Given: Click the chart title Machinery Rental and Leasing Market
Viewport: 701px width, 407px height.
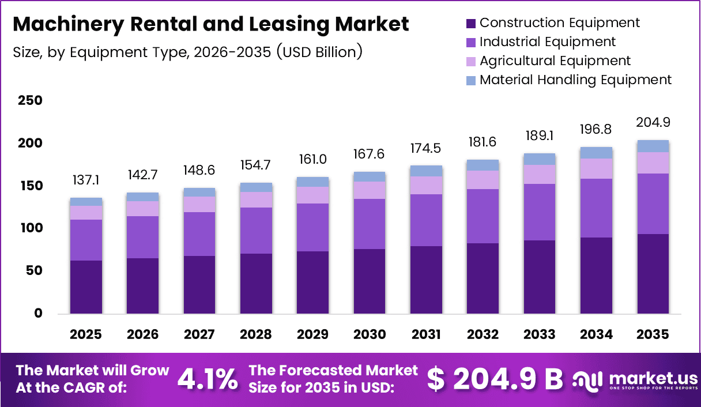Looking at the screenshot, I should pos(210,24).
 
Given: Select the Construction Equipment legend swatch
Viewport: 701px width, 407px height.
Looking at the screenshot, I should pos(470,23).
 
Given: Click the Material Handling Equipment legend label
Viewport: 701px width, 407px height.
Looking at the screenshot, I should pos(575,80).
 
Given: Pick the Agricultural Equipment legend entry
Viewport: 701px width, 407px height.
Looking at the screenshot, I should pos(555,61).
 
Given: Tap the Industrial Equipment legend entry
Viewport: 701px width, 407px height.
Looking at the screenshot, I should pos(547,42).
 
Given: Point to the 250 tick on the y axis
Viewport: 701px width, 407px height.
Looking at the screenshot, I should pos(30,101).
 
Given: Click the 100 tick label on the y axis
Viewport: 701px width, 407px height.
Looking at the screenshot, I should pos(30,228).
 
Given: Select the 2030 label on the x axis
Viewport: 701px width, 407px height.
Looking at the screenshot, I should pos(369,334).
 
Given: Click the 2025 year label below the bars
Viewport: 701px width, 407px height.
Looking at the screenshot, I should pos(86,334).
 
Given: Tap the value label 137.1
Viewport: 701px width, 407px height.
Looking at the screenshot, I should pos(86,180).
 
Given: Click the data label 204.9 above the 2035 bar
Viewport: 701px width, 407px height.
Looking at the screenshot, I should pos(653,122).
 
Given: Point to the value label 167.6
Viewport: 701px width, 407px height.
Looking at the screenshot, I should pos(369,154).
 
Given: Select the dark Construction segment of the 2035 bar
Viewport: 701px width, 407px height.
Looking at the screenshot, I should pos(653,274).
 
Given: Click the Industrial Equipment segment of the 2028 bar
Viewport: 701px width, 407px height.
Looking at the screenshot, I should pos(256,231).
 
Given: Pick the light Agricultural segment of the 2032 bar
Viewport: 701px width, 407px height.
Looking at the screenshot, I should pos(483,180).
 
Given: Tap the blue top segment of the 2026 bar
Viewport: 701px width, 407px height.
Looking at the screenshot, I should pos(142,197).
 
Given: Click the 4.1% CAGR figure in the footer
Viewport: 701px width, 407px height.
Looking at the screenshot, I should pos(207,379).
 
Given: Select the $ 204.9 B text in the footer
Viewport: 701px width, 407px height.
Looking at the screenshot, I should pos(495,379).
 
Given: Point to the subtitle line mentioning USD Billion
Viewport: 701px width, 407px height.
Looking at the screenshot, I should pos(187,52).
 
